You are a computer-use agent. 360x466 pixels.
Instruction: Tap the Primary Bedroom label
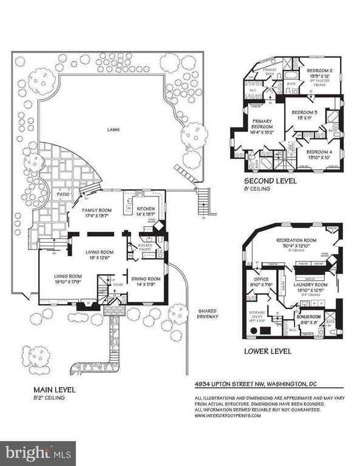coord(263,125)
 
